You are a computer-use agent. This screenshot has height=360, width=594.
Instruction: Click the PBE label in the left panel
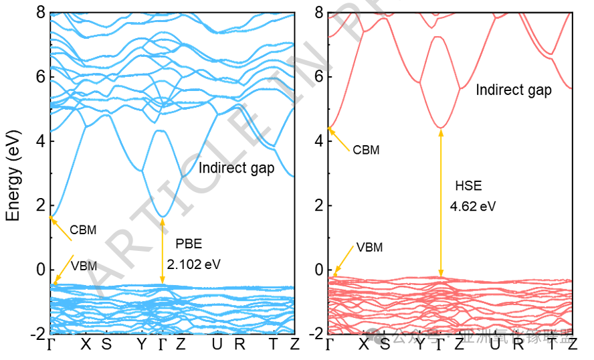click(188, 243)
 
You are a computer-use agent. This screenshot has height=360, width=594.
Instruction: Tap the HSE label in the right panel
click(468, 186)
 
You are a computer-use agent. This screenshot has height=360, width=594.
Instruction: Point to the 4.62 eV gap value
click(473, 206)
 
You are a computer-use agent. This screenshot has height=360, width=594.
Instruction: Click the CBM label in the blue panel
click(83, 230)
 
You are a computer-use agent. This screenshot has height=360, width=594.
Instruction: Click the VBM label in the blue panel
click(84, 266)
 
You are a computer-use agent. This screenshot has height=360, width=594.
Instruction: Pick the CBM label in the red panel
click(366, 150)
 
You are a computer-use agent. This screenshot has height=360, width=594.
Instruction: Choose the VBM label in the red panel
click(369, 247)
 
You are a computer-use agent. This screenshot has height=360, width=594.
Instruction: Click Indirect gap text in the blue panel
click(236, 168)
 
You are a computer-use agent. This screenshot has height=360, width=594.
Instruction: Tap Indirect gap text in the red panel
click(513, 90)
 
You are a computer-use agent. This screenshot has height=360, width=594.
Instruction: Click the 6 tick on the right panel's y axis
click(318, 77)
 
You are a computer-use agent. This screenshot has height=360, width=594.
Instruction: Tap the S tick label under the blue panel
click(106, 345)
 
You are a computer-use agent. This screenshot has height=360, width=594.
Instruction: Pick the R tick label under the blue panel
click(239, 345)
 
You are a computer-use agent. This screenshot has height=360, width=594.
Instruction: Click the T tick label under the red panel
click(551, 345)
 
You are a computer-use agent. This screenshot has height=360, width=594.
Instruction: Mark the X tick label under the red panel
click(364, 345)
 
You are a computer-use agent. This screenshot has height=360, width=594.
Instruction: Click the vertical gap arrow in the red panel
click(440, 201)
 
